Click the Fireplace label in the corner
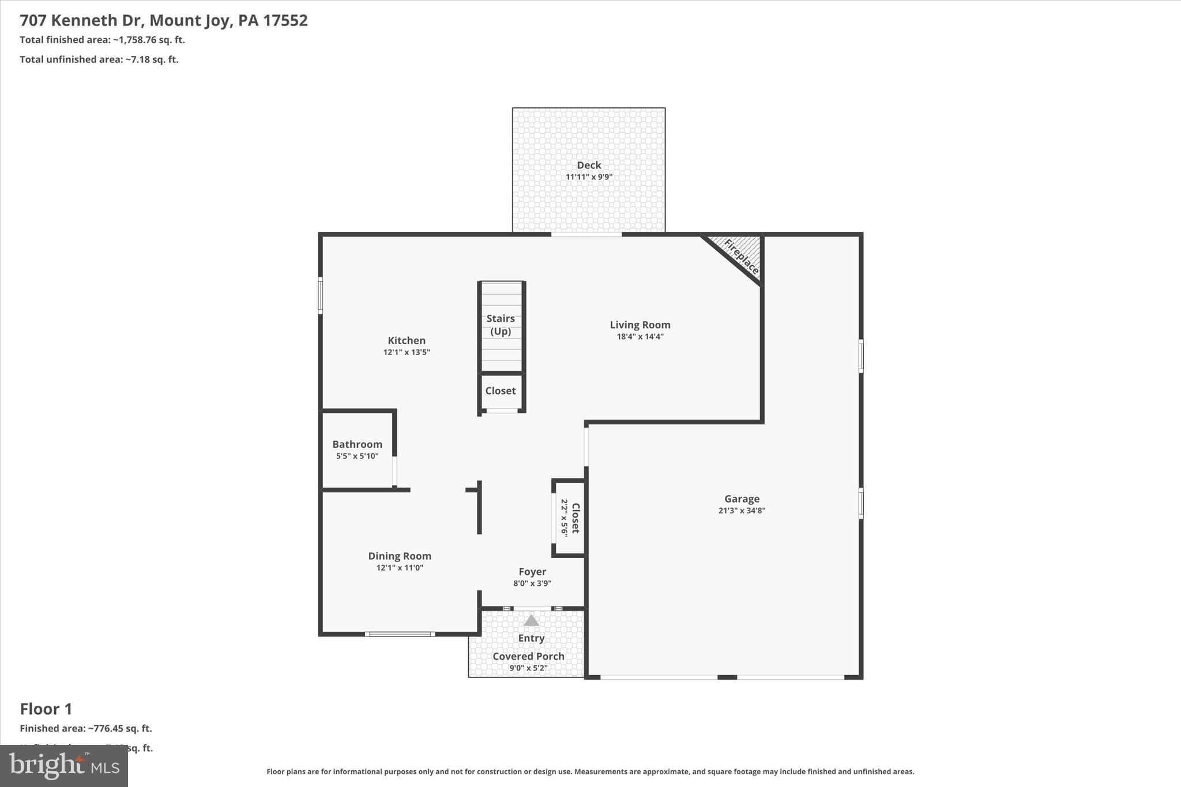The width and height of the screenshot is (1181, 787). pos(741,257)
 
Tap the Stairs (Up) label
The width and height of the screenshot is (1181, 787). pos(500,325)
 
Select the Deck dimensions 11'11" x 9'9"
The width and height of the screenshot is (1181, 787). pos(589,177)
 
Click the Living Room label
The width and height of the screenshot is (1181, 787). pos(640,325)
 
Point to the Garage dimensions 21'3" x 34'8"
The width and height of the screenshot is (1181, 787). pos(742,510)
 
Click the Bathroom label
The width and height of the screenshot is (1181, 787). pos(357,444)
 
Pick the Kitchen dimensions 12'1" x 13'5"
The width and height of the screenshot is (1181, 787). pos(407,352)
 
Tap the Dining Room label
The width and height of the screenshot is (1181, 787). pos(400,556)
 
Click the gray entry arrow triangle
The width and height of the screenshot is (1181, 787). pos(531,621)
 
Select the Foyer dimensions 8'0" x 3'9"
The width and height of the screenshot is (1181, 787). pos(532,583)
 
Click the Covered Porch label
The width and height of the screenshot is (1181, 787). pos(528,656)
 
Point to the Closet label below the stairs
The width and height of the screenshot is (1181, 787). pos(500,390)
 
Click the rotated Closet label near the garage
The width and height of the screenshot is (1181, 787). pos(575,518)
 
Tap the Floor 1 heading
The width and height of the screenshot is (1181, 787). pos(46,709)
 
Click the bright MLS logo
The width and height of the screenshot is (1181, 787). pos(64,766)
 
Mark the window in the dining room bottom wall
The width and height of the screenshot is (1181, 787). pos(400,634)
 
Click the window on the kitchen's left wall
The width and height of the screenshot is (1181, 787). pos(321,296)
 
